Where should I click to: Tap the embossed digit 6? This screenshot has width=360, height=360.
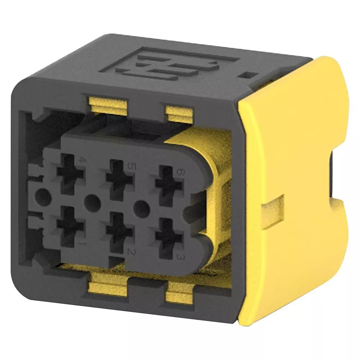click(179, 172)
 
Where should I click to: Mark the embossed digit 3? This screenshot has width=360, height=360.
click(178, 256)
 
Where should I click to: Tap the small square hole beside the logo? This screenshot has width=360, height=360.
click(248, 76)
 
